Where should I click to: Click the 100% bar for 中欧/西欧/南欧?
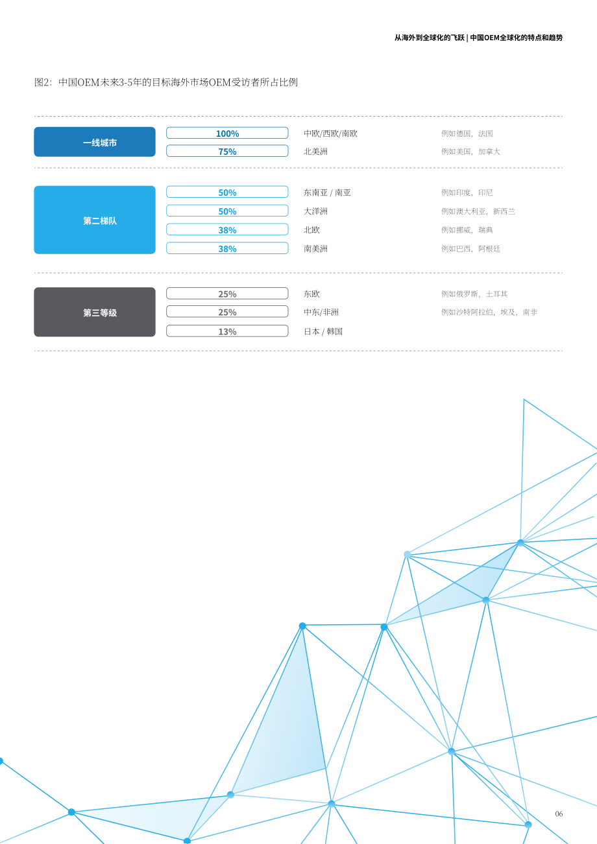click(x=227, y=133)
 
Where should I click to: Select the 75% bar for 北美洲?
click(x=227, y=151)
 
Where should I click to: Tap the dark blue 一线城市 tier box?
click(x=95, y=142)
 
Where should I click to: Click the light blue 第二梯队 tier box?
click(x=95, y=220)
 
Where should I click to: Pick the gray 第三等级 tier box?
click(x=95, y=312)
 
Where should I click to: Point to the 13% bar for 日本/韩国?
click(x=227, y=331)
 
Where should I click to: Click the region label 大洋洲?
click(x=315, y=211)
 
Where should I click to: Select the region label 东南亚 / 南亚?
click(x=327, y=193)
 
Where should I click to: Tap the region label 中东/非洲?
click(x=321, y=312)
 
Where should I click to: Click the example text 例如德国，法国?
click(x=467, y=134)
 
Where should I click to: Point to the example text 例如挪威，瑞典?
click(x=467, y=230)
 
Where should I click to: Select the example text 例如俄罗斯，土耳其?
click(x=474, y=294)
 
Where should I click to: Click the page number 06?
click(x=559, y=814)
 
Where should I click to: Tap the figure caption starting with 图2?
click(x=166, y=82)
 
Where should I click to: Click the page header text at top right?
click(x=479, y=38)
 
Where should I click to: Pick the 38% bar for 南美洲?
click(x=227, y=248)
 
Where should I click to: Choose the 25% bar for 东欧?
click(x=227, y=294)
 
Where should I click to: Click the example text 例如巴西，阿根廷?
click(x=470, y=249)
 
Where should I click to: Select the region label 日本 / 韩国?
click(x=323, y=332)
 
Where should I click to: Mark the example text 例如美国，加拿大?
click(x=470, y=152)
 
